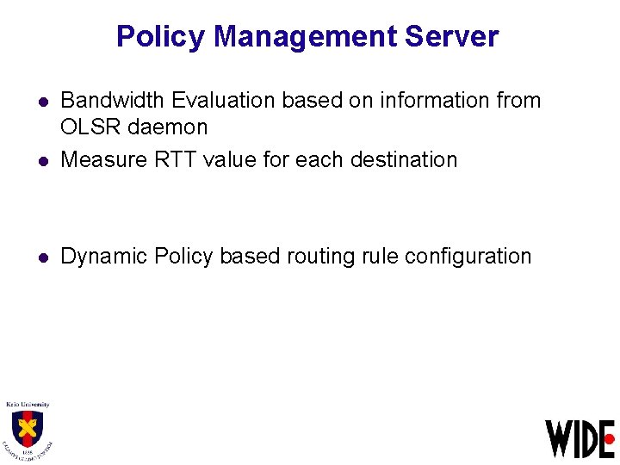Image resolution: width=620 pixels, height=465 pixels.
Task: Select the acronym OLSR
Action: pyautogui.click(x=90, y=127)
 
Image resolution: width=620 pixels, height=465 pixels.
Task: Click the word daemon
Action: pyautogui.click(x=167, y=127)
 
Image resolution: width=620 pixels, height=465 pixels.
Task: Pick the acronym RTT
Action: pyautogui.click(x=172, y=159)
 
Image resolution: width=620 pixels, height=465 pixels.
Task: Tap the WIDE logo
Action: pyautogui.click(x=579, y=438)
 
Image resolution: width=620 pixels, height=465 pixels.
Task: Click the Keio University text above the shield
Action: pyautogui.click(x=28, y=404)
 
